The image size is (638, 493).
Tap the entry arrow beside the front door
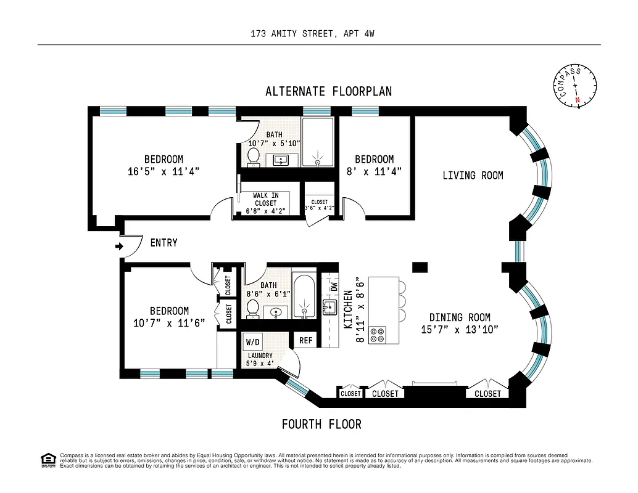pyautogui.click(x=118, y=247)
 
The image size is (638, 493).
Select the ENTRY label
pyautogui.click(x=164, y=243)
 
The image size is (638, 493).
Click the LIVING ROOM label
pyautogui.click(x=473, y=176)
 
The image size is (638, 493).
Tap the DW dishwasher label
pyautogui.click(x=334, y=287)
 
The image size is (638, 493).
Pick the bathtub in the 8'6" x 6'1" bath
pyautogui.click(x=303, y=296)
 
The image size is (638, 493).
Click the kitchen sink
pyautogui.click(x=329, y=308)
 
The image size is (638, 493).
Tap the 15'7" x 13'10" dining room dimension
pyautogui.click(x=460, y=329)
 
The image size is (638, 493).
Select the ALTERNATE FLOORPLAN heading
pyautogui.click(x=328, y=91)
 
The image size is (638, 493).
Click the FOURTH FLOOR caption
pyautogui.click(x=321, y=424)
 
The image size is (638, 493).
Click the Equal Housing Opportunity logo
pyautogui.click(x=48, y=460)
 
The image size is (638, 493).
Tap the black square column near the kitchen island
pyautogui.click(x=420, y=267)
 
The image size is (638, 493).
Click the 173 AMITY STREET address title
pyautogui.click(x=312, y=34)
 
